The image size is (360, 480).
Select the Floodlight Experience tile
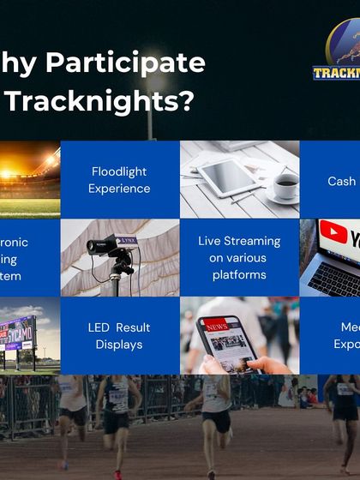tap(120, 180)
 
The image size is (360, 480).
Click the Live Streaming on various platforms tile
tap(239, 258)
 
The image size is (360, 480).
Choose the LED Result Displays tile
tap(119, 336)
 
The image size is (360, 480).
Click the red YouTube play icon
tap(333, 232)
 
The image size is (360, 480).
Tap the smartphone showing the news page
tap(226, 343)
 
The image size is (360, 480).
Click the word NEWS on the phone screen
tap(215, 327)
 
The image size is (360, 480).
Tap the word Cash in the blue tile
tap(341, 181)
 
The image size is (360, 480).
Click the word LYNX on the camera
tap(127, 241)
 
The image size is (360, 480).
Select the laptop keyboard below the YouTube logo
tap(335, 278)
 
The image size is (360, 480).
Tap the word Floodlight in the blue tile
tap(119, 171)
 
